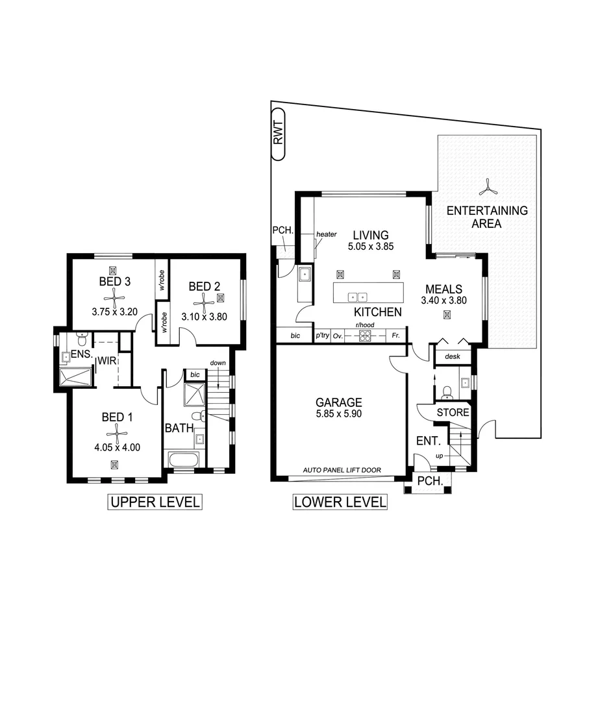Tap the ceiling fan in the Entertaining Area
[x=487, y=190]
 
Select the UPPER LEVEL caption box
[x=154, y=502]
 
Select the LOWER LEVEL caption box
[x=340, y=502]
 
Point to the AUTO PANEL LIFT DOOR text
[x=342, y=471]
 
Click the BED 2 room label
[x=205, y=286]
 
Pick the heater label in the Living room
[x=326, y=234]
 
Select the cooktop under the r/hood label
[x=365, y=336]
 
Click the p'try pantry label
[x=322, y=336]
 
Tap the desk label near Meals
[x=452, y=356]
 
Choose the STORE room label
[x=453, y=412]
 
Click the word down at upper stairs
[x=218, y=363]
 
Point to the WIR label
[x=106, y=360]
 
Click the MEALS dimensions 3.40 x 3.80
[x=444, y=301]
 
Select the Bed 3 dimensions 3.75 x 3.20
[x=115, y=311]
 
